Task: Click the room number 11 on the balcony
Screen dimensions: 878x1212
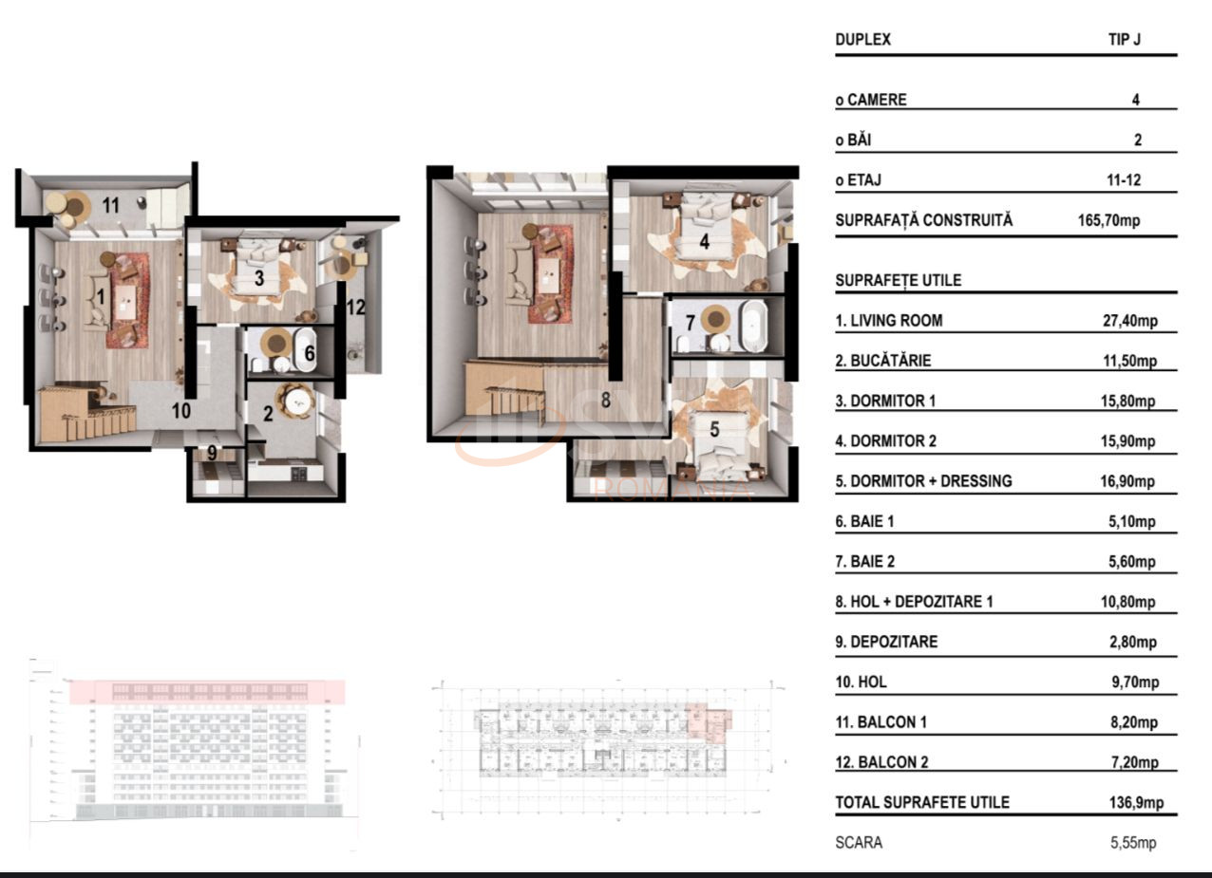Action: [111, 204]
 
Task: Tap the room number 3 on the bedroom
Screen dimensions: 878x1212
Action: [259, 278]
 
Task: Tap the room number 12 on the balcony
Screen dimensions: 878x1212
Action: [356, 308]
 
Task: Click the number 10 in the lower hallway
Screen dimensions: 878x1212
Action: [181, 411]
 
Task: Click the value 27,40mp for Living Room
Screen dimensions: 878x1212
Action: [1130, 321]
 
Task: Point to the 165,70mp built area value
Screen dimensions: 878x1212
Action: [1103, 220]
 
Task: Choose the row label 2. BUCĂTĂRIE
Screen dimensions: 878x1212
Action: [883, 361]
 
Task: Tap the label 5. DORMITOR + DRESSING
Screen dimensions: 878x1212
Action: [923, 481]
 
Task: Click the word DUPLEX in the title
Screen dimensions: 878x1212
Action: [863, 41]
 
